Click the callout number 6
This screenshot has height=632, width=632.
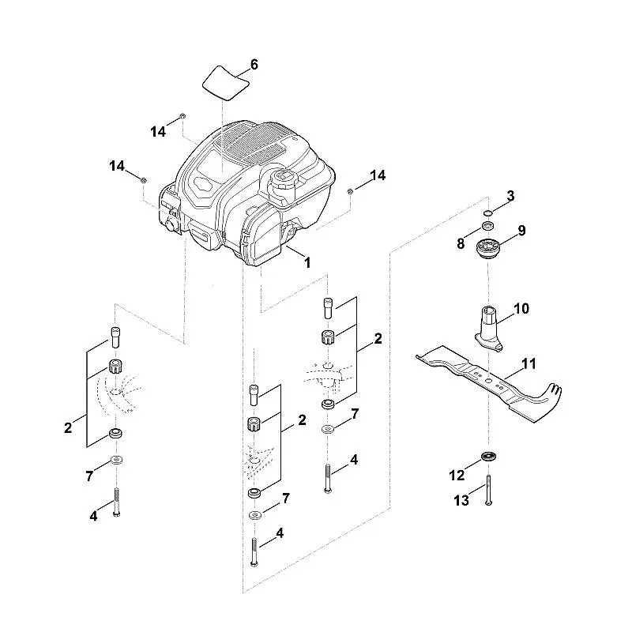coord(254,65)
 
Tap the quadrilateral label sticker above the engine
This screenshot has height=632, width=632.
coord(225,83)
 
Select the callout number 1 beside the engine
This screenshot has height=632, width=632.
coord(307,263)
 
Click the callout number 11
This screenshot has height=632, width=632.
coord(529,363)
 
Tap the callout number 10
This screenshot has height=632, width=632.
coord(521,309)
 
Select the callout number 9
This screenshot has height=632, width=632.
coord(521,231)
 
